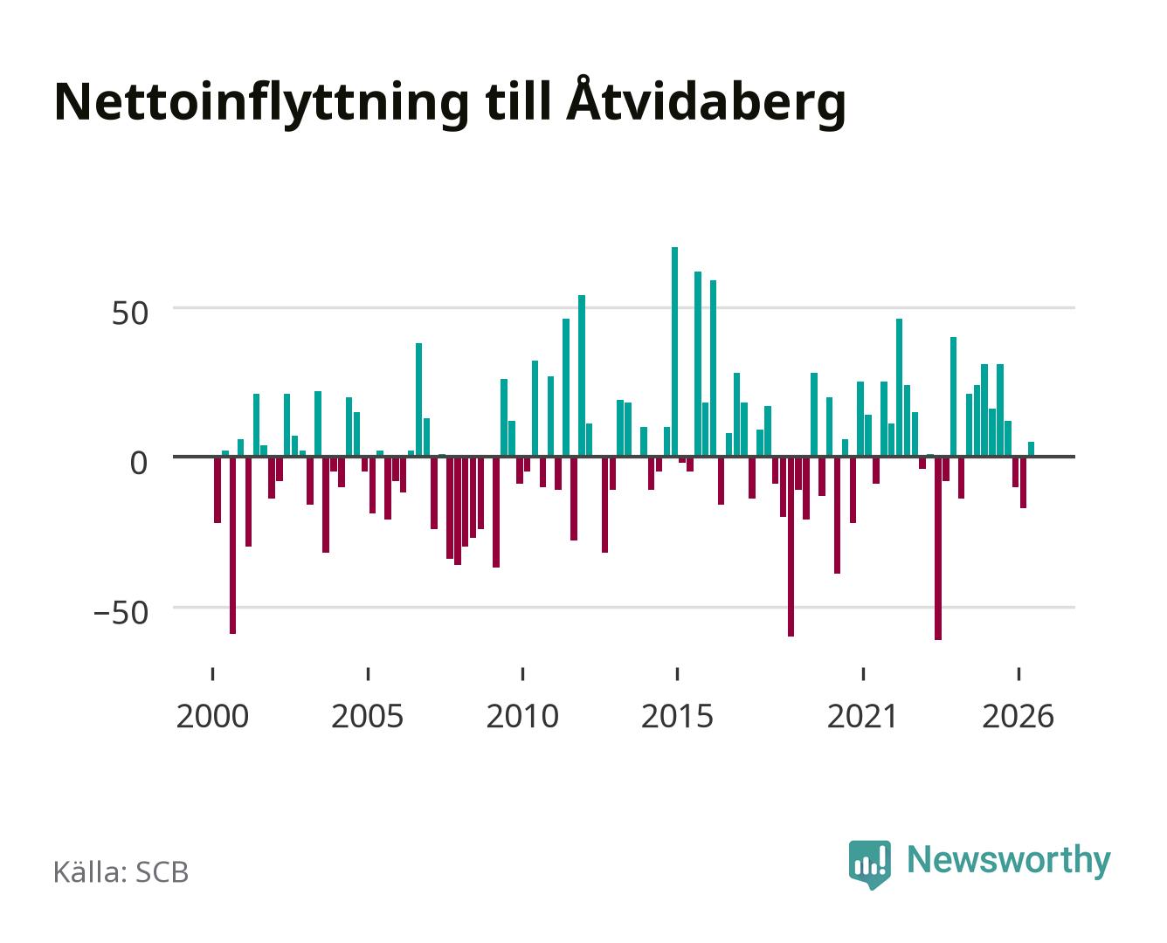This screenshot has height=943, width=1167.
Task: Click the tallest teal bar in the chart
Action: (673, 351)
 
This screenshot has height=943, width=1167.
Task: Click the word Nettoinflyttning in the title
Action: (261, 104)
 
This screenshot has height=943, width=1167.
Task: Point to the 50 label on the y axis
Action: (130, 313)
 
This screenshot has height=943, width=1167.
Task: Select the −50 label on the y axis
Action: (121, 613)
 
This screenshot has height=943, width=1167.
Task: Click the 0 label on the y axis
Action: (139, 464)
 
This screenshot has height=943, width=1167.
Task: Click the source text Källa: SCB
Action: (121, 871)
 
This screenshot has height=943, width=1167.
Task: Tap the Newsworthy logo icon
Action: (869, 864)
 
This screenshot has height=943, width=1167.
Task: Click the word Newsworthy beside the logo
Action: (1009, 861)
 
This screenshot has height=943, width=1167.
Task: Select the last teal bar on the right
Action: (1031, 449)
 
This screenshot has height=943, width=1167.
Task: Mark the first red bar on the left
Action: (217, 490)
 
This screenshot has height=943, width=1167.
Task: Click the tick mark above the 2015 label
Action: (677, 673)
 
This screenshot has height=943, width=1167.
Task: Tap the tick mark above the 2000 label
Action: (212, 673)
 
